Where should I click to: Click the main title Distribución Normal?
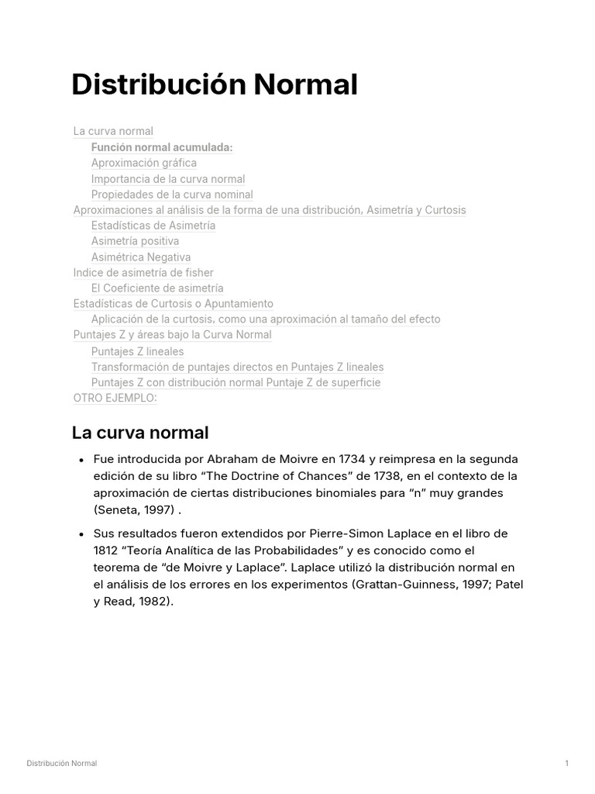[214, 85]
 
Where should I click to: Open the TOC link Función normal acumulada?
[161, 147]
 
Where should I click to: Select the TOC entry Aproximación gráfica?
[143, 163]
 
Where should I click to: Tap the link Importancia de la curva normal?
[167, 179]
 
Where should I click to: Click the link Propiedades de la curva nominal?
[171, 195]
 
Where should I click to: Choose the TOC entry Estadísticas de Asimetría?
[153, 226]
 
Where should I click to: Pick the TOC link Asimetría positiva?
[135, 241]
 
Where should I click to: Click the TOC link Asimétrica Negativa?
[140, 257]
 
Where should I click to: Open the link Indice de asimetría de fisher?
[143, 273]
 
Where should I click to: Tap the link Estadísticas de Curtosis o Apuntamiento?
[173, 304]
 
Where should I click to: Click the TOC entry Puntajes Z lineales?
[137, 351]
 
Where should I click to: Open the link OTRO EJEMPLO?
[115, 398]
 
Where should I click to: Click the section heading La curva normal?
[139, 433]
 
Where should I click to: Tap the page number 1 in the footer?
[566, 764]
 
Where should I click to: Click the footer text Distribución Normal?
[62, 764]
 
